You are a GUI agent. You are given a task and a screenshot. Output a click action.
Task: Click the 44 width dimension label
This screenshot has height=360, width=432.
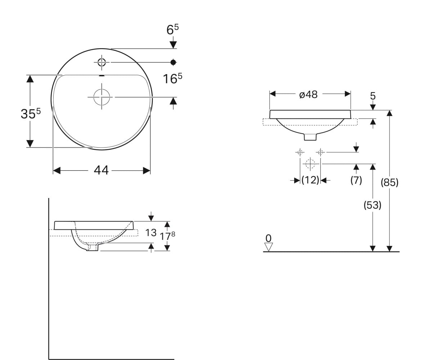pyautogui.click(x=101, y=171)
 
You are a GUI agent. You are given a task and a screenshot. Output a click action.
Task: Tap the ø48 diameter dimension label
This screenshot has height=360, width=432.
pyautogui.click(x=308, y=95)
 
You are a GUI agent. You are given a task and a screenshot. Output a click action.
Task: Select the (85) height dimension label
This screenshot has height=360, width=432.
pyautogui.click(x=390, y=183)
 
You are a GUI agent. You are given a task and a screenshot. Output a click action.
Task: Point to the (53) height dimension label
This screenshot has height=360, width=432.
pyautogui.click(x=372, y=205)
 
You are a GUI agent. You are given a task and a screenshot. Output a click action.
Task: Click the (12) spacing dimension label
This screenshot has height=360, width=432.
pyautogui.click(x=310, y=180)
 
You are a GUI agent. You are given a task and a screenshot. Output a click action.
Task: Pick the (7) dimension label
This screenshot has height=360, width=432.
pyautogui.click(x=356, y=180)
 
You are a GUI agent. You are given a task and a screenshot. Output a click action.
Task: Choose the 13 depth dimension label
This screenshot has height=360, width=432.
pyautogui.click(x=151, y=233)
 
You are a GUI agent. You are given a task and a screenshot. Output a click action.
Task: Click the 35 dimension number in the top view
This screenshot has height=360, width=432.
pyautogui.click(x=28, y=114)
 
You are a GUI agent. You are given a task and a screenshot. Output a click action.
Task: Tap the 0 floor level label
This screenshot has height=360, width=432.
pyautogui.click(x=268, y=238)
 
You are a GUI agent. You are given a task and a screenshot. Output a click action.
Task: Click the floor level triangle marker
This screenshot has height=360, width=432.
pyautogui.click(x=268, y=247)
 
